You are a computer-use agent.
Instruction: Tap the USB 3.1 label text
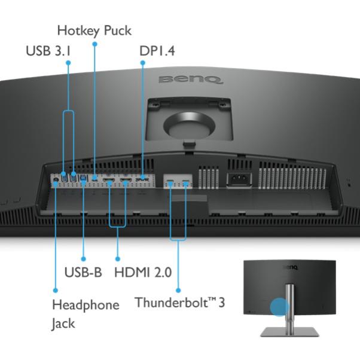pyautogui.click(x=48, y=51)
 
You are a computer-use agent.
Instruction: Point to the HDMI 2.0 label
pyautogui.click(x=142, y=273)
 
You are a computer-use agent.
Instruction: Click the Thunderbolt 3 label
pyautogui.click(x=179, y=302)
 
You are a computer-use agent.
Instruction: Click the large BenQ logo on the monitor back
pyautogui.click(x=190, y=79)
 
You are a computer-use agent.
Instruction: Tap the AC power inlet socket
pyautogui.click(x=235, y=178)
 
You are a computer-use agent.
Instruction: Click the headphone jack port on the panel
pyautogui.click(x=55, y=178)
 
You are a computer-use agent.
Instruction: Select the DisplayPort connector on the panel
pyautogui.click(x=142, y=179)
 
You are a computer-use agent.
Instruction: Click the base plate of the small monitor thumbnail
pyautogui.click(x=289, y=332)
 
